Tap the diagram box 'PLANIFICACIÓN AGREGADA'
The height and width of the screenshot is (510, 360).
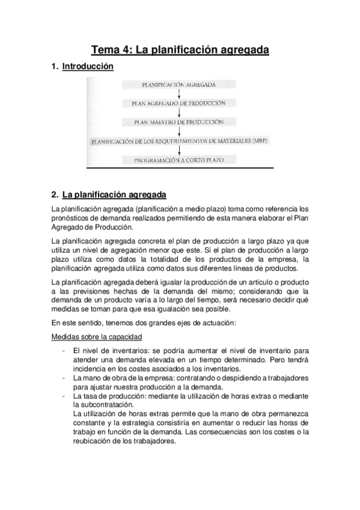(179, 84)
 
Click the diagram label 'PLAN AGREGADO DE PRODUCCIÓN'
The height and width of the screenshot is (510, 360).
(179, 103)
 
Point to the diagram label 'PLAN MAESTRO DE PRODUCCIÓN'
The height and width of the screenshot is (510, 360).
(179, 122)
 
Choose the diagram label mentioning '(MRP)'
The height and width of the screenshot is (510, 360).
(179, 142)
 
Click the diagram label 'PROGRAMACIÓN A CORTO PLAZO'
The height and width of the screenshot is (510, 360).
(179, 161)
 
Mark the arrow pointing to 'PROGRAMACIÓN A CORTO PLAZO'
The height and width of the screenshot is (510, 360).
(179, 151)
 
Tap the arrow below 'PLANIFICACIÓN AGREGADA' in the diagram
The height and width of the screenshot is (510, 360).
(179, 94)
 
